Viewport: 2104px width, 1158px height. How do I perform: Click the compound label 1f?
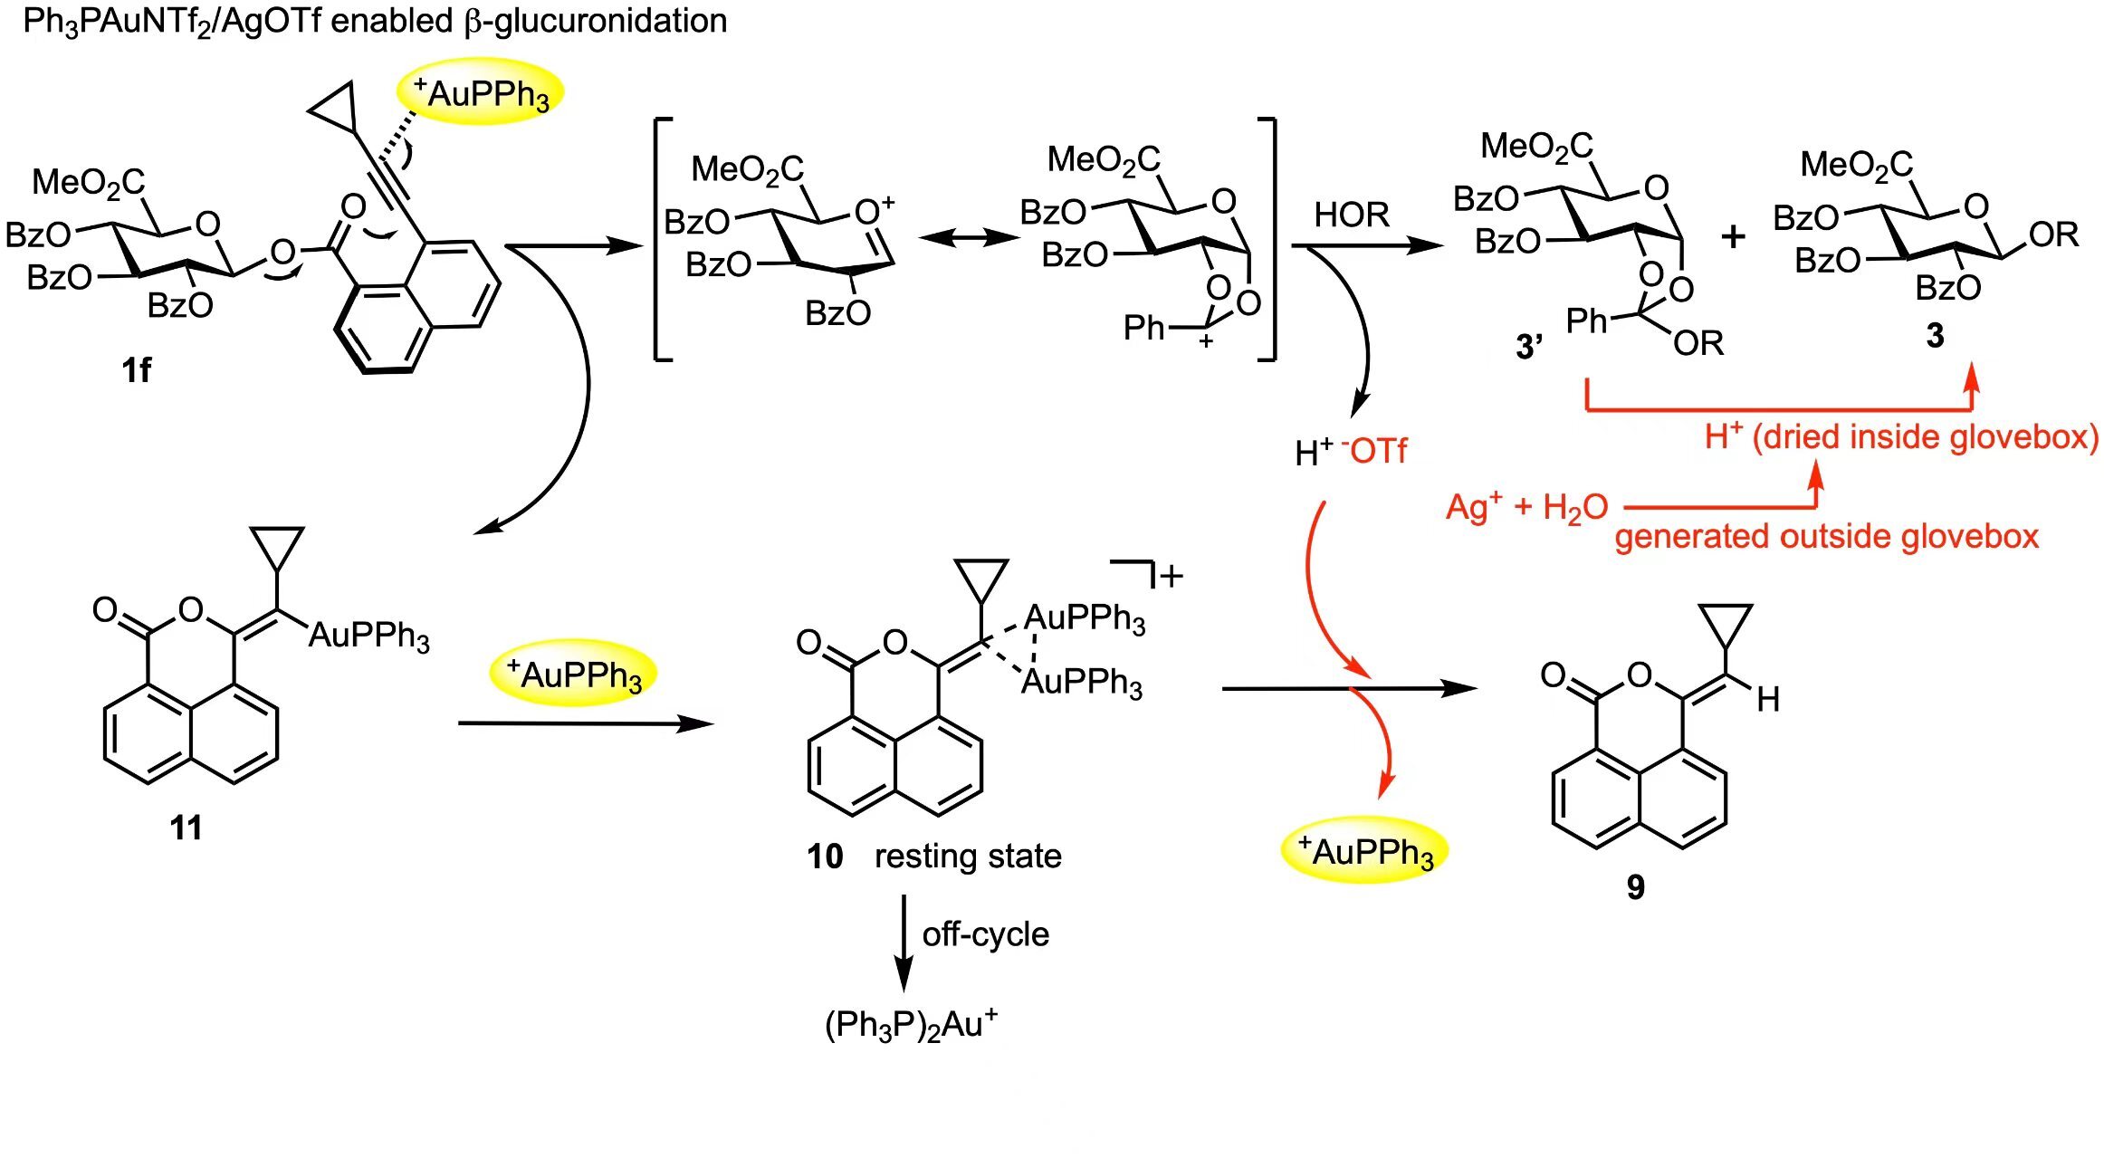click(x=137, y=370)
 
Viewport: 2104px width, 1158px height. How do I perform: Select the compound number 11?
click(x=186, y=828)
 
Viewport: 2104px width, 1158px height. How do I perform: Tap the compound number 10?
click(x=825, y=857)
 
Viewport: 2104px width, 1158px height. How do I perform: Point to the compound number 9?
click(x=1635, y=887)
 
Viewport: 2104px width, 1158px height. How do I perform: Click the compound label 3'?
click(x=1529, y=346)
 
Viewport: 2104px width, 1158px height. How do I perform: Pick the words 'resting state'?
click(x=968, y=857)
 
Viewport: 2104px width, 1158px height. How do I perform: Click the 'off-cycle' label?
click(x=986, y=934)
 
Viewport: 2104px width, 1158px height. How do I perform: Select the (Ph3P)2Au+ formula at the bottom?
click(x=912, y=1024)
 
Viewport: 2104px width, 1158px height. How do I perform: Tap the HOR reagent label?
click(x=1352, y=215)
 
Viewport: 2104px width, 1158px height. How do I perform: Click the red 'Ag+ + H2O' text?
click(x=1527, y=507)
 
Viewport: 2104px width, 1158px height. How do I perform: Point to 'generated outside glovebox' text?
click(x=1826, y=537)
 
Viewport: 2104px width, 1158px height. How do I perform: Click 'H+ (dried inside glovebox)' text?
click(x=1901, y=437)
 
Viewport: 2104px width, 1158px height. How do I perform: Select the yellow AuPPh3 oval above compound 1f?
click(x=480, y=92)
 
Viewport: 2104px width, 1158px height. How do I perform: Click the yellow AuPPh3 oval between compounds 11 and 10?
click(x=573, y=675)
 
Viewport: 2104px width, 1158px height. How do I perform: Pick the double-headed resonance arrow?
click(x=968, y=238)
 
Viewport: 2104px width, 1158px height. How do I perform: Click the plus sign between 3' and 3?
click(x=1733, y=236)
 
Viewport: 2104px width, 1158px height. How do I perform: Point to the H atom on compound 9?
click(x=1768, y=699)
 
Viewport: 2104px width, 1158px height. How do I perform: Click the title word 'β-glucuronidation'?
click(x=596, y=21)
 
